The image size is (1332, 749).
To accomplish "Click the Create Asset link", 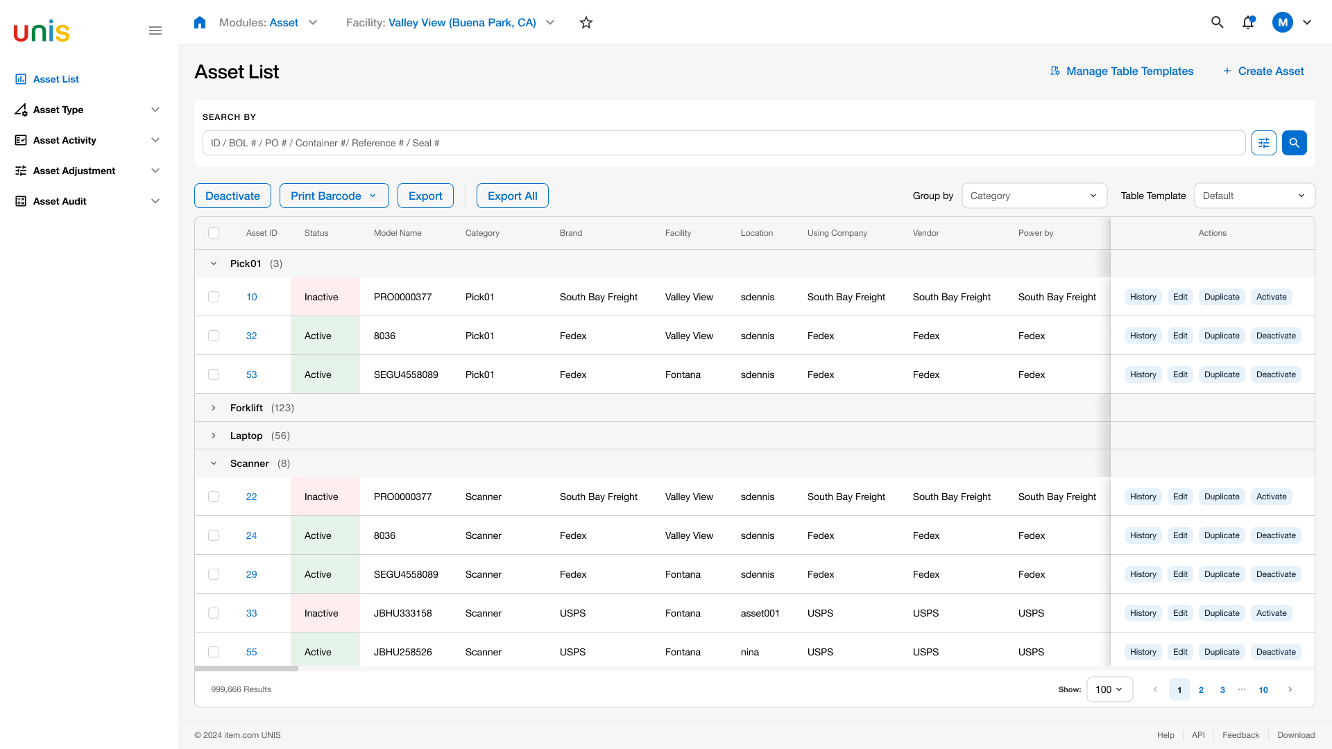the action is point(1263,71).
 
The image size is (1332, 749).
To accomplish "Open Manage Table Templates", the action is point(1122,71).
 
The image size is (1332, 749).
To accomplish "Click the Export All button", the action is point(512,196).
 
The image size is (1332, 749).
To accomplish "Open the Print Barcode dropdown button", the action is point(334,196).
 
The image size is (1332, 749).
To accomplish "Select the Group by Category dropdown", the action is point(1034,196).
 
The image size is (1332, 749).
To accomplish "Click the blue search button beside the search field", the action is point(1295,143).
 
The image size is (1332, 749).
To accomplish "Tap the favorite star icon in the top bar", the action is point(586,22).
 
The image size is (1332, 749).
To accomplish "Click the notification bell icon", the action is point(1248,22).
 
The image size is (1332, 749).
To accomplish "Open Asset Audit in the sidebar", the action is point(60,201).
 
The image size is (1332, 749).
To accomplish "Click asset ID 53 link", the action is point(251,374).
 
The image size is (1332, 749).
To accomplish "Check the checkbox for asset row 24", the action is point(214,535).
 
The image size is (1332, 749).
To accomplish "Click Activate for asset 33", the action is point(1271,613).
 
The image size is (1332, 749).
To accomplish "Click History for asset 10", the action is point(1143,297).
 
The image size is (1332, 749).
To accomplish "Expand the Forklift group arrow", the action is point(214,408).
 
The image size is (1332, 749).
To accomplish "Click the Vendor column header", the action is point(925,233).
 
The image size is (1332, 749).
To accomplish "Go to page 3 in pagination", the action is point(1222,689).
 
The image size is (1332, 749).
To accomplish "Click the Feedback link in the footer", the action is point(1240,735).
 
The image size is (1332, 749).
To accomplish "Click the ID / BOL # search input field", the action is point(724,143).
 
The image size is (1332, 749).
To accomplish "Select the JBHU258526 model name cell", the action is point(402,652).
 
